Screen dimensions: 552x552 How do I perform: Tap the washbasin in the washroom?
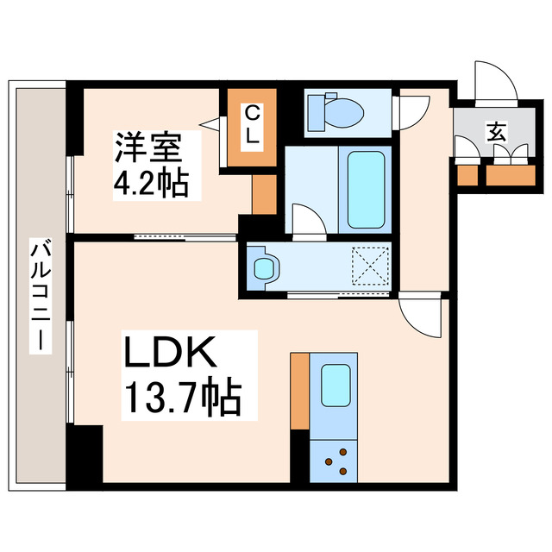[262, 267]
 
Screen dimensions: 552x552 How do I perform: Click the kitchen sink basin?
[335, 385]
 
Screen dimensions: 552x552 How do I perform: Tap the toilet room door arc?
[412, 111]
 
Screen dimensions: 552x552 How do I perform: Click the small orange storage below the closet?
[263, 194]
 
